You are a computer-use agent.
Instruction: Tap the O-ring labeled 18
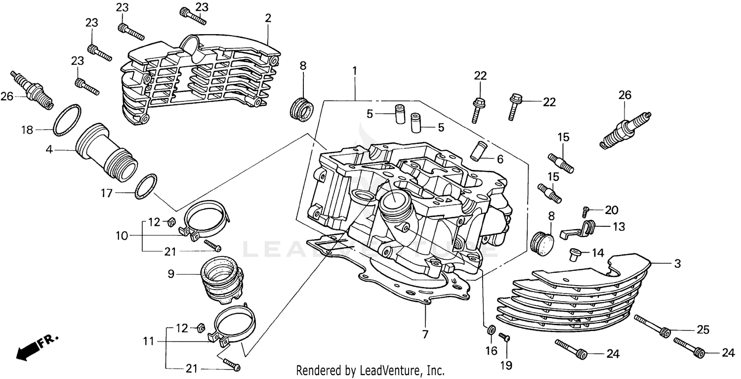67,120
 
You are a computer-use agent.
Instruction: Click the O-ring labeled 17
146,186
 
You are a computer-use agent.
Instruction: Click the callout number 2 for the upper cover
268,18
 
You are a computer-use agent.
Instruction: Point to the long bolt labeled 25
652,326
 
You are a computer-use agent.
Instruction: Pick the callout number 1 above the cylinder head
354,71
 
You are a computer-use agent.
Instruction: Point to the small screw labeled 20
585,211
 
